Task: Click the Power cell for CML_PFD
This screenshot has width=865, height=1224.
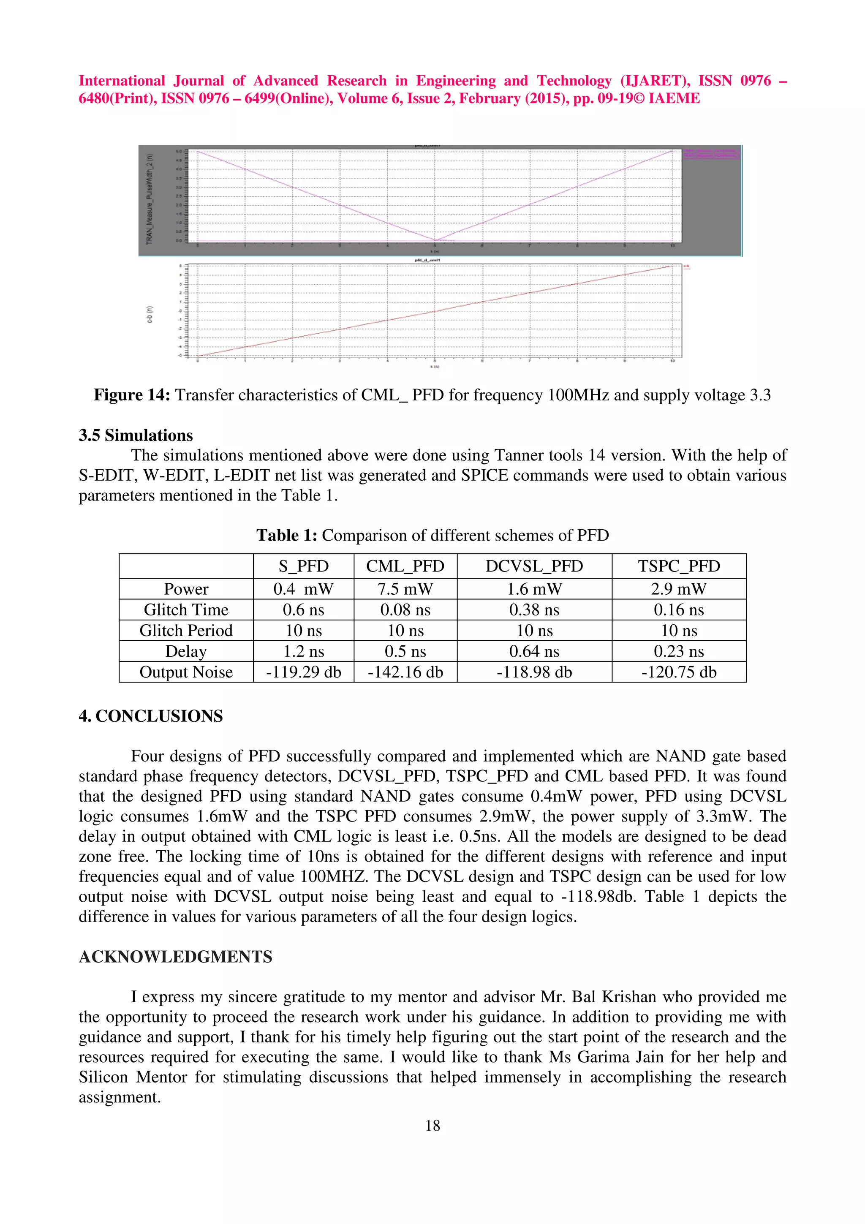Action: [405, 589]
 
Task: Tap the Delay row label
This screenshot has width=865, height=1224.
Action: [185, 651]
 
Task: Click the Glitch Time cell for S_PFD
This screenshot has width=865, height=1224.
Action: [303, 610]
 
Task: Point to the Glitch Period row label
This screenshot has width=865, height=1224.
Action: [185, 631]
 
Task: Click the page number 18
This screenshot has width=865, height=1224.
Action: [432, 1125]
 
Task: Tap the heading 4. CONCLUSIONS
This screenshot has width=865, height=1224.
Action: [151, 716]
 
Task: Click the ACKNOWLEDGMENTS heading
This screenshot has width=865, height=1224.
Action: [175, 957]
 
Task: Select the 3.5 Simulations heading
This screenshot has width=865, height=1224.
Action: [136, 435]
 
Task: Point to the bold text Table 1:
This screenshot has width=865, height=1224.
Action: [287, 535]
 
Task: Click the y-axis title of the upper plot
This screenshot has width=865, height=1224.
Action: [150, 199]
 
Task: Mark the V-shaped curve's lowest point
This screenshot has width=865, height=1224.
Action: [435, 240]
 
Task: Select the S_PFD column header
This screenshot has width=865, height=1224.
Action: [303, 566]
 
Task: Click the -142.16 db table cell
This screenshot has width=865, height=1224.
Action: [405, 672]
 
